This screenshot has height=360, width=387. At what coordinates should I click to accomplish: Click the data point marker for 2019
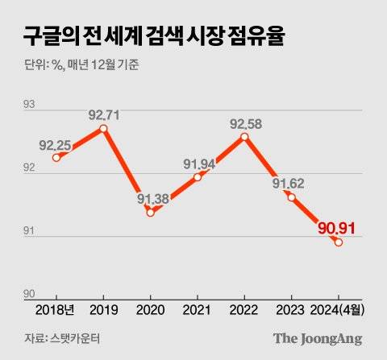pos(104,128)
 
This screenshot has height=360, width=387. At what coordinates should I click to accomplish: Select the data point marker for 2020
pos(151,213)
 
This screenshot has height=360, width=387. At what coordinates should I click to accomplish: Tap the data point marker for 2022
pos(245,137)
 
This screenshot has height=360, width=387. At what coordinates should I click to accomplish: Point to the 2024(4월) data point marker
pos(339,242)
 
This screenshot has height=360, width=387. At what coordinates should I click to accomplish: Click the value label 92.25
pos(55,144)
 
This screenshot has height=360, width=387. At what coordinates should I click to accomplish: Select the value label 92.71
pos(104,115)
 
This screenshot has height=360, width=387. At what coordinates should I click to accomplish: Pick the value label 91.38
pos(152,199)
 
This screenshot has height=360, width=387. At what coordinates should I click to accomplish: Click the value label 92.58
pos(245,123)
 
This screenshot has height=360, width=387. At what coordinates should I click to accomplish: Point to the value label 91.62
pos(292,184)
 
